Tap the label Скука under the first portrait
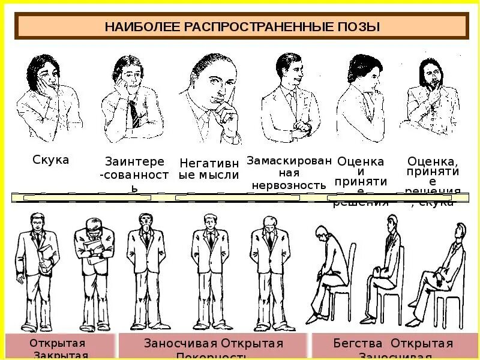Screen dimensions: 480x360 coord(50,160)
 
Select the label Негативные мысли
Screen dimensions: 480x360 coord(209,169)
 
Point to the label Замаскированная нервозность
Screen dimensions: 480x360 coord(289,173)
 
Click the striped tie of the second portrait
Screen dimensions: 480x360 coord(134,113)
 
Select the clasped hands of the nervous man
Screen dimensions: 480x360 coord(305,127)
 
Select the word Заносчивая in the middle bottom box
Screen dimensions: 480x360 coord(181,344)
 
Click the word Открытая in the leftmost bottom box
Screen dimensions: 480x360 coord(58,344)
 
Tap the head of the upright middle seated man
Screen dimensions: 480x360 coord(392,223)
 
